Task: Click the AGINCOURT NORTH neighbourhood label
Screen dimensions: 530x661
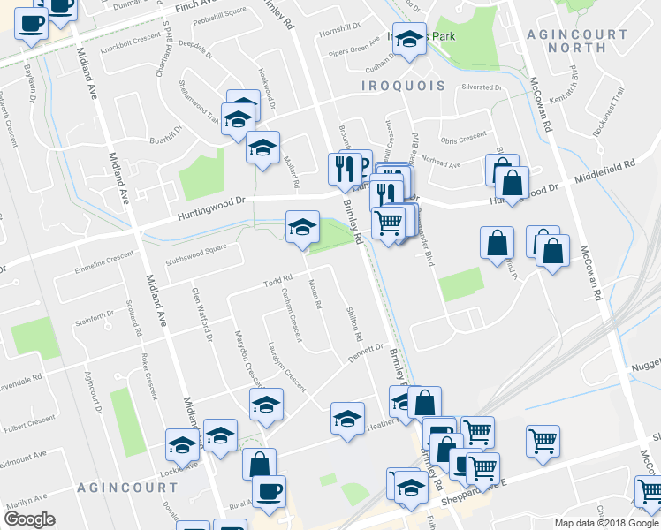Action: [589, 41]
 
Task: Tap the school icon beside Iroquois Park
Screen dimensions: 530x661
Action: [408, 40]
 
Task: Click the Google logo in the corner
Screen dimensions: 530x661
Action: [29, 519]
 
